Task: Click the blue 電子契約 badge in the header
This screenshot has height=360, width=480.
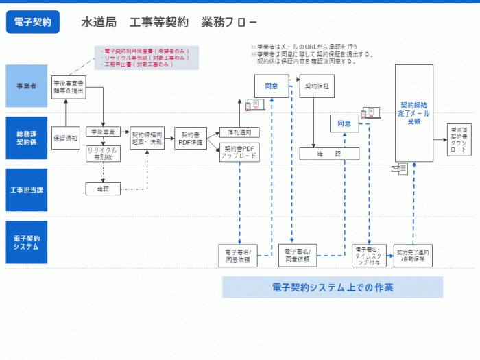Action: click(32, 22)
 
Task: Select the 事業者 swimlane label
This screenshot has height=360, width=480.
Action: click(27, 86)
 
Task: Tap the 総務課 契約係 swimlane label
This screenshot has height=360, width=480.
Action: click(27, 138)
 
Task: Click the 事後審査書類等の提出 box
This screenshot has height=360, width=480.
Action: click(69, 87)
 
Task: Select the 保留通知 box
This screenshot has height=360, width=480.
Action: click(66, 138)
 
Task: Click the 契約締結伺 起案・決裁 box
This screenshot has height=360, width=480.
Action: click(147, 139)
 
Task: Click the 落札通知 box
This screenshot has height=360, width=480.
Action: click(239, 132)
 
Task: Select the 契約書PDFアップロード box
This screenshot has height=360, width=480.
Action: click(239, 153)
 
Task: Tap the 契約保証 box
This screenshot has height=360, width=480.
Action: click(316, 87)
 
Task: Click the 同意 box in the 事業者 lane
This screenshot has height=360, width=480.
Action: click(271, 87)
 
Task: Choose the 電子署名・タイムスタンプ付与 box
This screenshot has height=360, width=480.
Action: click(370, 254)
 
